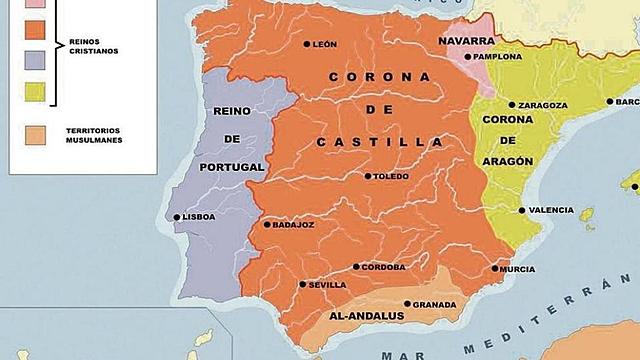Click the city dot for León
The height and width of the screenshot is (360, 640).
pyautogui.click(x=307, y=44)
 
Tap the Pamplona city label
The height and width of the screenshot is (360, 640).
pyautogui.click(x=497, y=57)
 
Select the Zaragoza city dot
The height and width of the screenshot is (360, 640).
pyautogui.click(x=512, y=104)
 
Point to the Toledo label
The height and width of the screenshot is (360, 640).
pyautogui.click(x=391, y=176)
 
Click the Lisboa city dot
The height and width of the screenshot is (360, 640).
pyautogui.click(x=177, y=217)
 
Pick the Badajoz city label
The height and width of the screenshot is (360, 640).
pyautogui.click(x=293, y=225)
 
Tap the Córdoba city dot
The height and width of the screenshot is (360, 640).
pyautogui.click(x=356, y=267)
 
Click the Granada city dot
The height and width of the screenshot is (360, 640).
pyautogui.click(x=406, y=304)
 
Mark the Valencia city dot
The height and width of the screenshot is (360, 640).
pyautogui.click(x=522, y=210)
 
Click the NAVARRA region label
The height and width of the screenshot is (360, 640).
pyautogui.click(x=466, y=41)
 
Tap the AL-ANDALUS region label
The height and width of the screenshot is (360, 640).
pyautogui.click(x=365, y=316)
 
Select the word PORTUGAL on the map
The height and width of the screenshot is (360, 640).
pyautogui.click(x=231, y=167)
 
